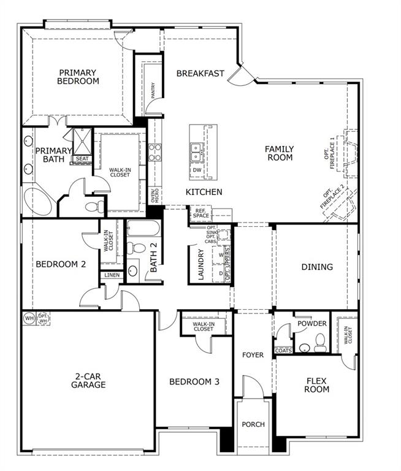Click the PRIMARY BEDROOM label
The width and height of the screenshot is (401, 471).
(78, 76)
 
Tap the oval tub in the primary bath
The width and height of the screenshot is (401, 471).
(39, 200)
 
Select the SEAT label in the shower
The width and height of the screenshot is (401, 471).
(82, 159)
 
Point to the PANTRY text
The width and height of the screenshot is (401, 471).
(153, 89)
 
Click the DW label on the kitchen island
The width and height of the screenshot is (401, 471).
(197, 170)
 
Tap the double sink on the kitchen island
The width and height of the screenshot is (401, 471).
(197, 148)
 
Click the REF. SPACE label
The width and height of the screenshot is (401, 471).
(201, 213)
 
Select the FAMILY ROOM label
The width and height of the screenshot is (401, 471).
(279, 153)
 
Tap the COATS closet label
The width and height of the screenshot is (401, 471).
(283, 351)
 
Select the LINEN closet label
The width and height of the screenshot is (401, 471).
(112, 275)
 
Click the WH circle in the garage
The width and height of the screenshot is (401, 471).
(29, 318)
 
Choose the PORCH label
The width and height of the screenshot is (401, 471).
(253, 424)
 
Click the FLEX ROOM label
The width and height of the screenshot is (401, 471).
(318, 385)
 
